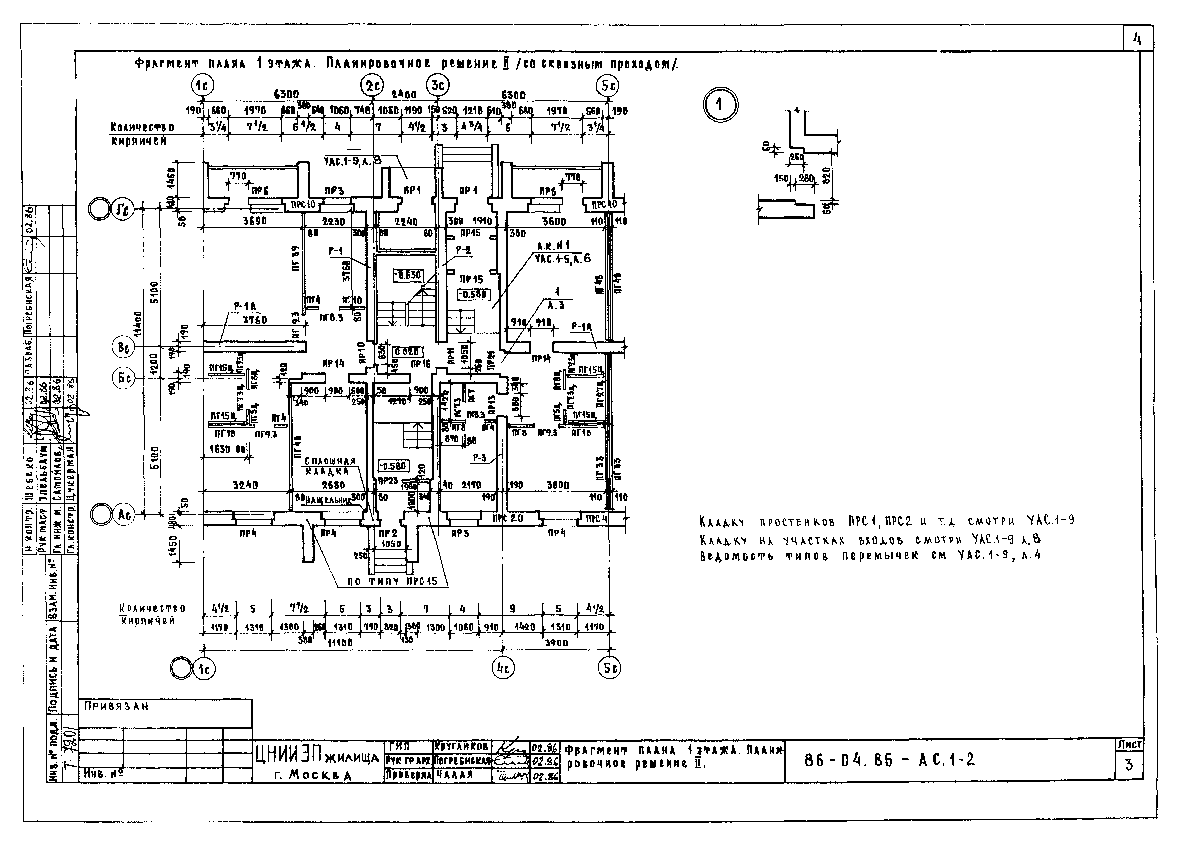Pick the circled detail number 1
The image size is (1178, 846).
[720, 105]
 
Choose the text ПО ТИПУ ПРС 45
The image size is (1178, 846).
[391, 582]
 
